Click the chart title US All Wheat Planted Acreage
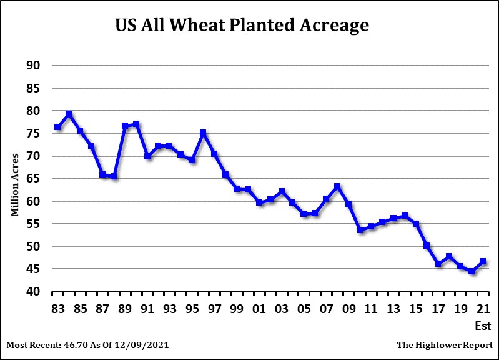click(242, 26)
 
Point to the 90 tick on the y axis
click(31, 66)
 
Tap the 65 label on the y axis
click(31, 179)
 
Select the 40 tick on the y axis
click(31, 292)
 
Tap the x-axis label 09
click(348, 309)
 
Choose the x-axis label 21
click(483, 309)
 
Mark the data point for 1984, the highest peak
click(69, 114)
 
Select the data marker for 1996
click(203, 133)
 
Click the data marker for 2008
click(337, 186)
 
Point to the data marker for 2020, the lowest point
click(472, 272)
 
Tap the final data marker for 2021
click(483, 261)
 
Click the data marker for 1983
click(57, 127)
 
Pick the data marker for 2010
click(360, 230)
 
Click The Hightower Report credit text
click(444, 345)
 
